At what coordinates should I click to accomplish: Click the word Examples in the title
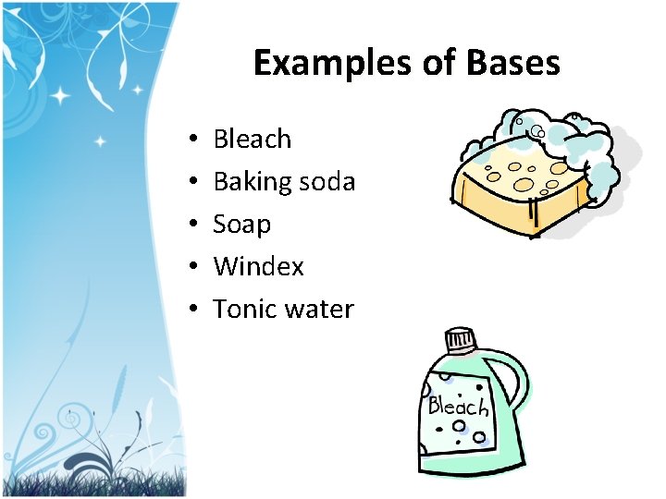[315, 63]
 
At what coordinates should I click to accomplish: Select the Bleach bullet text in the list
[252, 139]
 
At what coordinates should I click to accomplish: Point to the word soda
[327, 182]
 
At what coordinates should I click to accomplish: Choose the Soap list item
[241, 224]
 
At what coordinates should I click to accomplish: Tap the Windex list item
[258, 266]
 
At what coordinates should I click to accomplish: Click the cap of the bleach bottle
[460, 341]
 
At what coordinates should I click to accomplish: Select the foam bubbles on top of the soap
[555, 139]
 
